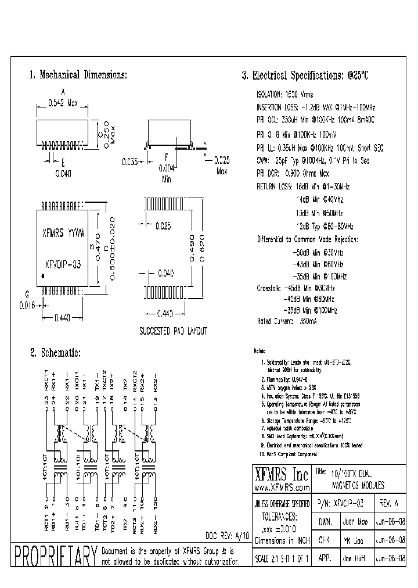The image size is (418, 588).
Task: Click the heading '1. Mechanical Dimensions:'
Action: pyautogui.click(x=78, y=75)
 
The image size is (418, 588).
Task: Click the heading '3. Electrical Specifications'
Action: pyautogui.click(x=305, y=76)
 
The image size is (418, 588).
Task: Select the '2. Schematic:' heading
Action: pyautogui.click(x=55, y=353)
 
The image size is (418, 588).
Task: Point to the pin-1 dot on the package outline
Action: pyautogui.click(x=43, y=274)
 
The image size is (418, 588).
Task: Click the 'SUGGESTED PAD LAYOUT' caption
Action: pyautogui.click(x=174, y=331)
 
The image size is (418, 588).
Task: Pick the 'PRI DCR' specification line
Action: pyautogui.click(x=293, y=173)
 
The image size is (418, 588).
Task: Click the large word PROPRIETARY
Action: pyautogui.click(x=55, y=557)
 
